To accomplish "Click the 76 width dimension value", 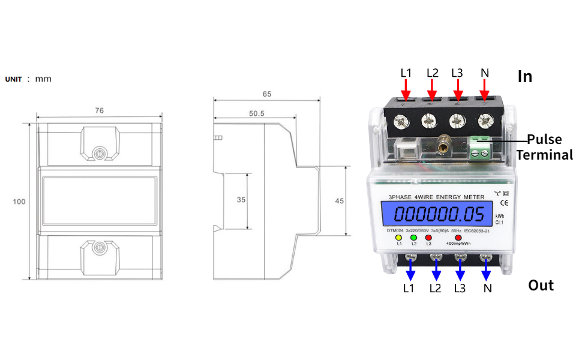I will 100,110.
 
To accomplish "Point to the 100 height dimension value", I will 19,202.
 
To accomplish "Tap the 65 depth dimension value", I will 267,94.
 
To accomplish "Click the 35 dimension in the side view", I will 241,200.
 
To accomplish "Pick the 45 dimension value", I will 339,201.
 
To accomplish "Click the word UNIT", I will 14,79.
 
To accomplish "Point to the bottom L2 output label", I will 435,289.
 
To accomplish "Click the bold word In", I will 525,77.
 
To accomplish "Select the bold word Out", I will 541,285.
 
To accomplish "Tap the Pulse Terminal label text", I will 544,147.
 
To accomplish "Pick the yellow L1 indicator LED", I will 399,238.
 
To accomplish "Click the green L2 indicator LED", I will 413,238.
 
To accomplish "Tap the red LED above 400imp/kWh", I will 458,238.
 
